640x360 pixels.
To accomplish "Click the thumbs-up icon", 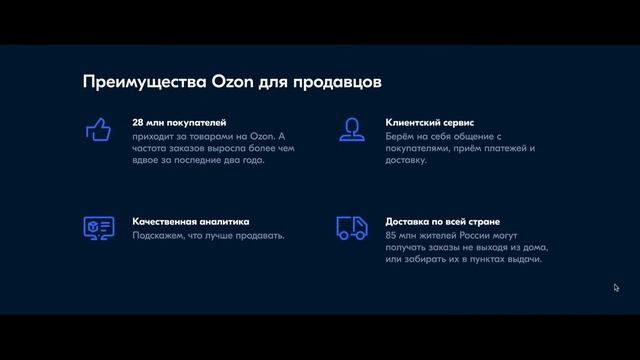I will [97, 129].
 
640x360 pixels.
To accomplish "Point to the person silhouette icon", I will [350, 129].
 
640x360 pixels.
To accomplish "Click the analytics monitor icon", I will [97, 227].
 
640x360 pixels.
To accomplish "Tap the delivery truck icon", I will [351, 228].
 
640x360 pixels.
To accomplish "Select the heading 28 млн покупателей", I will [179, 123].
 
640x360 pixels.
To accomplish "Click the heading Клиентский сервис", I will [429, 123].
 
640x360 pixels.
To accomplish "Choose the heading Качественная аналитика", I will [190, 221].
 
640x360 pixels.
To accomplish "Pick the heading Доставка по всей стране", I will [442, 221].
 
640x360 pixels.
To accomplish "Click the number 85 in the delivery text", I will [391, 235].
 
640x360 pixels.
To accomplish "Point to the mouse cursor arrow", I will [617, 288].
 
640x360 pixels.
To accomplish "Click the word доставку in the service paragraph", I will [405, 159].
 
